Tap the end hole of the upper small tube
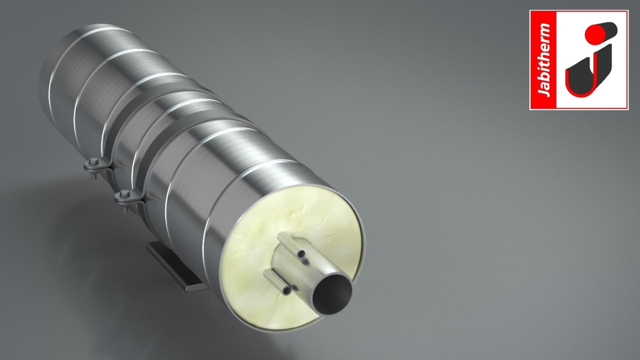(302, 255)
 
